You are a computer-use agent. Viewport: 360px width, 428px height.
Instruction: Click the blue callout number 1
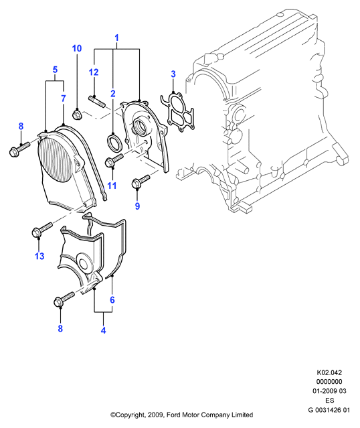point(116,38)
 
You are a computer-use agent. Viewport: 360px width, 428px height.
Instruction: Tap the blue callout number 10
point(77,48)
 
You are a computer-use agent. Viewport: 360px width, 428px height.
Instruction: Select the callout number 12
point(93,72)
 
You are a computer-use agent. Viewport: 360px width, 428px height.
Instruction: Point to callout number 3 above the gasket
point(173,74)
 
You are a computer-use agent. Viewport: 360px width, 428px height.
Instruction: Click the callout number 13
point(39,256)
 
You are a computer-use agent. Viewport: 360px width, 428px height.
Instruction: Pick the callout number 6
point(112,300)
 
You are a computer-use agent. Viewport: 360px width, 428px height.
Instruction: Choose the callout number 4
point(103,330)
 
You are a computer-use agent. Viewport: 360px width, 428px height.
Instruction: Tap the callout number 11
point(112,186)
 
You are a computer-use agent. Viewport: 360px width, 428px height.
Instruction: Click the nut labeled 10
point(76,114)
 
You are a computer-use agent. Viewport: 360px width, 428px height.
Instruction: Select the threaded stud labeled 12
point(97,101)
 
